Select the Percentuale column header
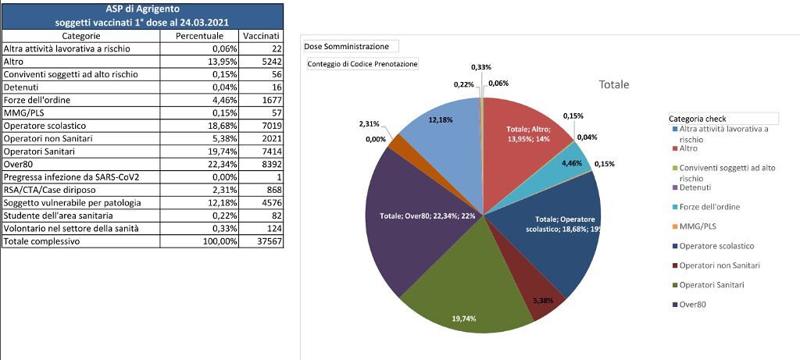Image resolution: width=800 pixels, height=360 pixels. click(x=199, y=36)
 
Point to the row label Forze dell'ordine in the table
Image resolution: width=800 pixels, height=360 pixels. click(x=39, y=100)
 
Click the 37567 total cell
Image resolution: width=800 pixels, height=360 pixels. click(x=265, y=242)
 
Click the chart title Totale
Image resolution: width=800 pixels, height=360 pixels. click(x=613, y=84)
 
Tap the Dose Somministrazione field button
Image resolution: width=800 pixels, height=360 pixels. click(x=351, y=47)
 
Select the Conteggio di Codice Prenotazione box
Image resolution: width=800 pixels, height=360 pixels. click(x=362, y=63)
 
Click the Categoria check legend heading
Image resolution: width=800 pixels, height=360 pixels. click(x=698, y=119)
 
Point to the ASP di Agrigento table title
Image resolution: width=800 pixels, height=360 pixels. click(x=142, y=9)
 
